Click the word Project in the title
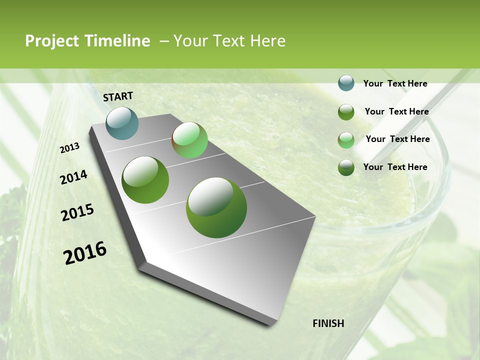point(52,41)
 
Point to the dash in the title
point(164,41)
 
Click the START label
point(118,96)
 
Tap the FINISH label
point(328,323)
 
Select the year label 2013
point(70,148)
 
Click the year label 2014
point(73,177)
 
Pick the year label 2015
point(77,212)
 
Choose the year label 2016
point(85,253)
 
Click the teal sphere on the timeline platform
point(122,123)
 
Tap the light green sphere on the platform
point(189,140)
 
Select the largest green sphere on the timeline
point(216,207)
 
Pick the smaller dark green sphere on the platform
point(145,180)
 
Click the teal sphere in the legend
point(346,83)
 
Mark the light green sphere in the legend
point(346,140)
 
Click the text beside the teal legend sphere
point(395,83)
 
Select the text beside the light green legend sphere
point(397,139)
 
